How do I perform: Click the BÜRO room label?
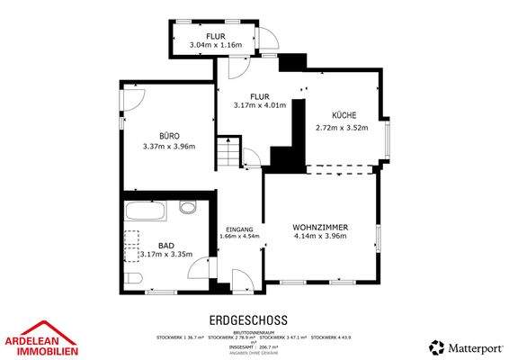pos(169,135)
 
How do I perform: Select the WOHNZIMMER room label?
pos(320,226)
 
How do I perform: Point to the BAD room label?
pos(166,245)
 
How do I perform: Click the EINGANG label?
pos(239,229)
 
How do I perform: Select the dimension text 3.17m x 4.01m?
pos(259,105)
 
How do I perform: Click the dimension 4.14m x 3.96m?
pos(320,237)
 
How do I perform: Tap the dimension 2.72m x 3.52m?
pos(344,128)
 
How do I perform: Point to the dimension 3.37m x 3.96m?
pos(169,147)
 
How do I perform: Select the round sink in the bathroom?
pos(187,208)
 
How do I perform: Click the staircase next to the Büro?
pos(232,153)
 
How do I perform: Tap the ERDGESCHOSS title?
pos(247,319)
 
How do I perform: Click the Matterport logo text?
pos(469,346)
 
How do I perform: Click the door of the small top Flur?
pos(266,38)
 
